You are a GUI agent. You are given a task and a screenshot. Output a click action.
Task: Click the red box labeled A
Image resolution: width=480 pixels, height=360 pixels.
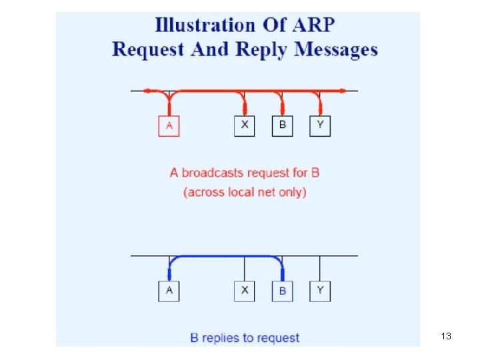coord(169,126)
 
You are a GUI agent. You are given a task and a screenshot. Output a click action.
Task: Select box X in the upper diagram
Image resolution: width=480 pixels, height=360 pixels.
coord(245,126)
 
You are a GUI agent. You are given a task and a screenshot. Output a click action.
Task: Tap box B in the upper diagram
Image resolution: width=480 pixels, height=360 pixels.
coord(282,126)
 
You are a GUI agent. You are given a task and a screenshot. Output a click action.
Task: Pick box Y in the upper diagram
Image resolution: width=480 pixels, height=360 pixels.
coord(320,126)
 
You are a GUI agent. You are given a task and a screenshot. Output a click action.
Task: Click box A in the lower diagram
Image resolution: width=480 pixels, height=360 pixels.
coord(169,291)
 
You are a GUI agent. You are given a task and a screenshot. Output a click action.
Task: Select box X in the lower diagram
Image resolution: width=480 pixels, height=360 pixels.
coord(245,291)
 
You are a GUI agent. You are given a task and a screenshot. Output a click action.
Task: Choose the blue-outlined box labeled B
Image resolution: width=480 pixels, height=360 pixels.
coord(282,291)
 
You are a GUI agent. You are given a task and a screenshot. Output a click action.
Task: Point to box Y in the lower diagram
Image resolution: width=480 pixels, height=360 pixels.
coord(320,291)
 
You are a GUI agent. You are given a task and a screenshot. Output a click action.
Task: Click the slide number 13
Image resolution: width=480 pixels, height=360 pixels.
coord(446,336)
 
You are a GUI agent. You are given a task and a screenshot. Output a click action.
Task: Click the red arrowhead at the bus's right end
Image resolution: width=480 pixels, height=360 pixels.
coord(342,90)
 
